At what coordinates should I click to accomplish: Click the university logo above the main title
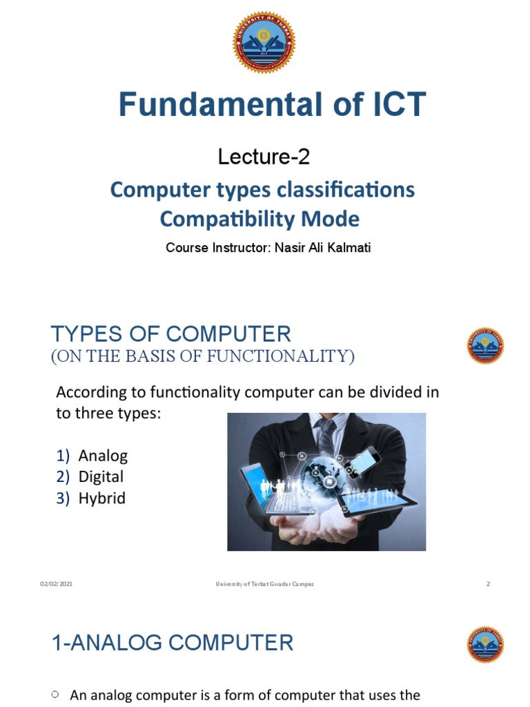coord(264,42)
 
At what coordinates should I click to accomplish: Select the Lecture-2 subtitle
coord(264,157)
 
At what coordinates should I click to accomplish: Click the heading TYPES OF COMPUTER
coord(171,334)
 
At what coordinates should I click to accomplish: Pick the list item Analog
coord(103,456)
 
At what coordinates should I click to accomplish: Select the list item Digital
coord(101,476)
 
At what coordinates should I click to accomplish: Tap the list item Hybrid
coord(102,498)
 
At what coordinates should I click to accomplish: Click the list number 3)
coord(63,498)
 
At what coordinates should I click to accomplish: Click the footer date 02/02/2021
coord(56,584)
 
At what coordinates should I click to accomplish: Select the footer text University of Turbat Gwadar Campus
coord(264,584)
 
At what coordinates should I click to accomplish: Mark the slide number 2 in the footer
coord(488,584)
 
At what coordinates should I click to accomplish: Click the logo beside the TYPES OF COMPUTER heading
coord(485,345)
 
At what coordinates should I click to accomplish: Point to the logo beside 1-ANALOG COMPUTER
coord(485,645)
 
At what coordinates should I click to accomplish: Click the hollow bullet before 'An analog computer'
coord(56,694)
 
